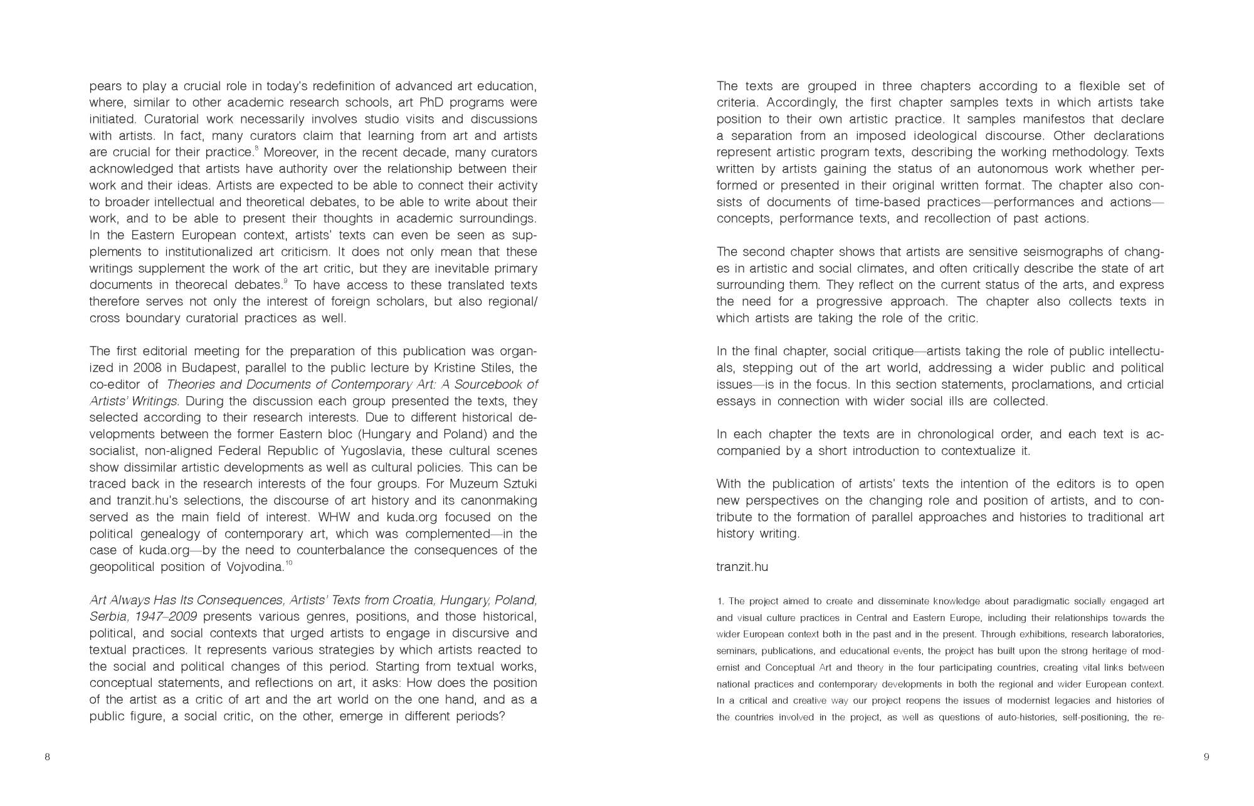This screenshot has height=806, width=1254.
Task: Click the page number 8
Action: tap(47, 757)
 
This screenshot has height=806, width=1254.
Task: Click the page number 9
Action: tap(1206, 757)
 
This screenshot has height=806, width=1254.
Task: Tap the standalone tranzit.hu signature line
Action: tap(742, 567)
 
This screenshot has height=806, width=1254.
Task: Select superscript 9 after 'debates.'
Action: tap(285, 281)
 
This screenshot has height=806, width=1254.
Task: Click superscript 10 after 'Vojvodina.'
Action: tap(288, 563)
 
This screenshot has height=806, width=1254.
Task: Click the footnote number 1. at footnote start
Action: tap(720, 602)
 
